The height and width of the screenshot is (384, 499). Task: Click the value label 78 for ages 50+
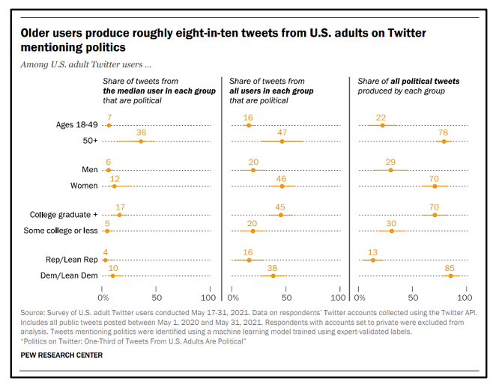pos(444,132)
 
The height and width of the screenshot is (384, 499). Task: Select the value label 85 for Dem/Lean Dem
pos(450,266)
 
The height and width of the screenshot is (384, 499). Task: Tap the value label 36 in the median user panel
pos(140,132)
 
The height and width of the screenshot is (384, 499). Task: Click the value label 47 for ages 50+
pos(282,132)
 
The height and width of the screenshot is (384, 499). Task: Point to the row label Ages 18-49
pos(77,124)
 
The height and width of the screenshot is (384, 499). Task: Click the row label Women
pos(83,186)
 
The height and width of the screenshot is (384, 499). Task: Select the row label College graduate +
pos(64,215)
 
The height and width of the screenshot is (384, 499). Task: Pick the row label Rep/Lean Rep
pos(73,259)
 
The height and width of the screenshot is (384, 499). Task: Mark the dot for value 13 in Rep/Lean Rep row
pos(373,260)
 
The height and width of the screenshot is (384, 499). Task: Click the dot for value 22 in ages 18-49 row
pos(383,125)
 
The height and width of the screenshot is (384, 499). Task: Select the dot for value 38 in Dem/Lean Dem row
pos(273,275)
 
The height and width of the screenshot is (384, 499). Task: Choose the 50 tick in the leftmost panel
pos(156,289)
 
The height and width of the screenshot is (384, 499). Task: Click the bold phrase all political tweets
pos(423,81)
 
